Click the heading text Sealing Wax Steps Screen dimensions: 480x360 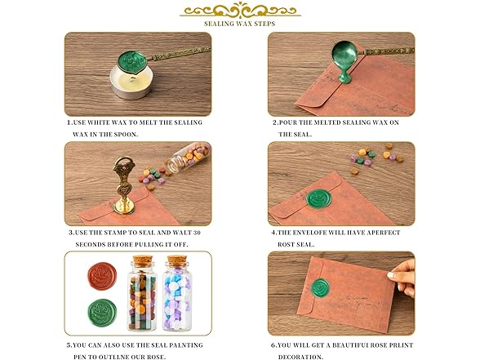[240, 24]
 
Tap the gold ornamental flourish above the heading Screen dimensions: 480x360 [240, 10]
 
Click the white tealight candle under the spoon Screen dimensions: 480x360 [131, 82]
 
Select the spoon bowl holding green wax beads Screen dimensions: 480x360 [132, 63]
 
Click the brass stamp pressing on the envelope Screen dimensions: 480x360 [124, 185]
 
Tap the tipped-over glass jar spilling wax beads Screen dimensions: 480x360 [189, 158]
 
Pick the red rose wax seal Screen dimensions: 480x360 [102, 276]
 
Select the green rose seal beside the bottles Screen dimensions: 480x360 [102, 313]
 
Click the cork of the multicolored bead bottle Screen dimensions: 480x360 [142, 261]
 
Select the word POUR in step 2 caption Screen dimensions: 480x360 [288, 122]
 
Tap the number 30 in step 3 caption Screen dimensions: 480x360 [197, 233]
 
